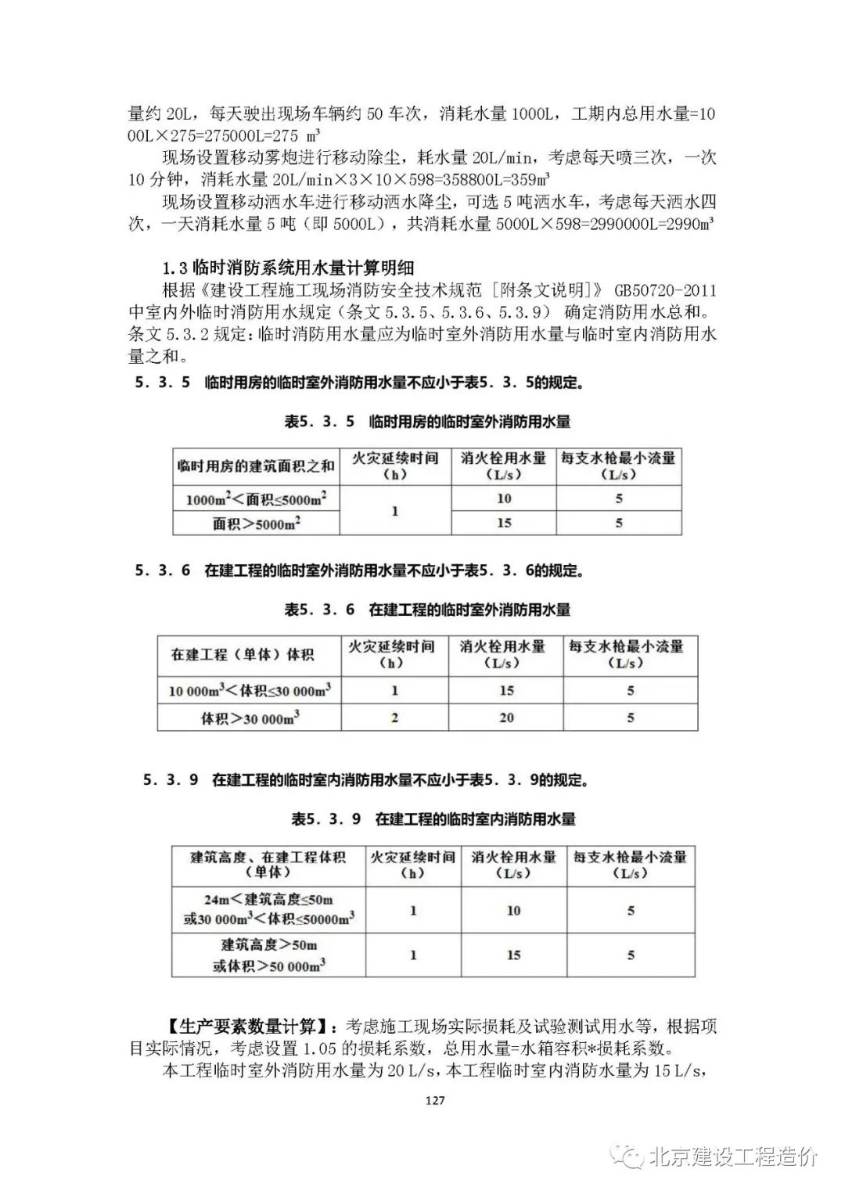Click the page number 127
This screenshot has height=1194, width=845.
(x=435, y=1100)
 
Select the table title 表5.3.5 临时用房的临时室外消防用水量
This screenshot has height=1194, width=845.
(x=427, y=422)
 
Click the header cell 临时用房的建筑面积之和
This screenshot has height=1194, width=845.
(x=256, y=466)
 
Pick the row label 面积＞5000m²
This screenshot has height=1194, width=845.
(x=256, y=523)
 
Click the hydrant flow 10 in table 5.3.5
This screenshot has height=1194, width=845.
(x=504, y=498)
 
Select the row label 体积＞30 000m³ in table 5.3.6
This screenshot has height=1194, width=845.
(x=250, y=717)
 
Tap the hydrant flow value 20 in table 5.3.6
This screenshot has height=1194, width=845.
(x=506, y=717)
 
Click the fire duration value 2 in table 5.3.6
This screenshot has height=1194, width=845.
(x=394, y=717)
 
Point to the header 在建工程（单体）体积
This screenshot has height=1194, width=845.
(x=243, y=654)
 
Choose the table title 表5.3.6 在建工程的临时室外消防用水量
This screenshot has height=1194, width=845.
(x=427, y=610)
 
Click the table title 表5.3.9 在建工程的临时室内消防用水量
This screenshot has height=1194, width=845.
(x=433, y=819)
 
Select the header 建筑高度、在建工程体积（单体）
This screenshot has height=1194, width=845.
(x=268, y=865)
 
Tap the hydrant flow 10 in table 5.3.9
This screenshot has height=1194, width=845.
(x=513, y=910)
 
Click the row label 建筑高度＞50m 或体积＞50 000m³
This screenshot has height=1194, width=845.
(x=268, y=955)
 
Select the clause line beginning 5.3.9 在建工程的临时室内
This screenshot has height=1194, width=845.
(x=366, y=780)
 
